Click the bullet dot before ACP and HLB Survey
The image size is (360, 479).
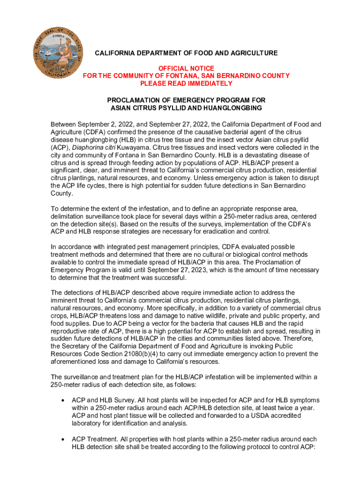63,401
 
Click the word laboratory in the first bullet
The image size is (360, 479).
88,423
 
